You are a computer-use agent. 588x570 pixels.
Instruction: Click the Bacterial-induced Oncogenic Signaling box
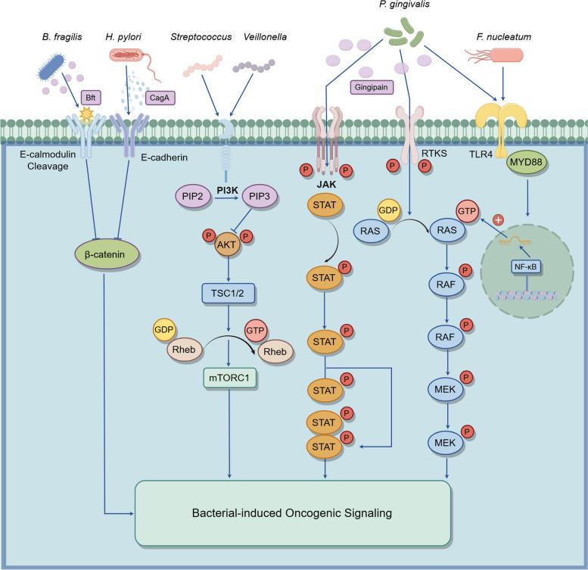pyautogui.click(x=293, y=512)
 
